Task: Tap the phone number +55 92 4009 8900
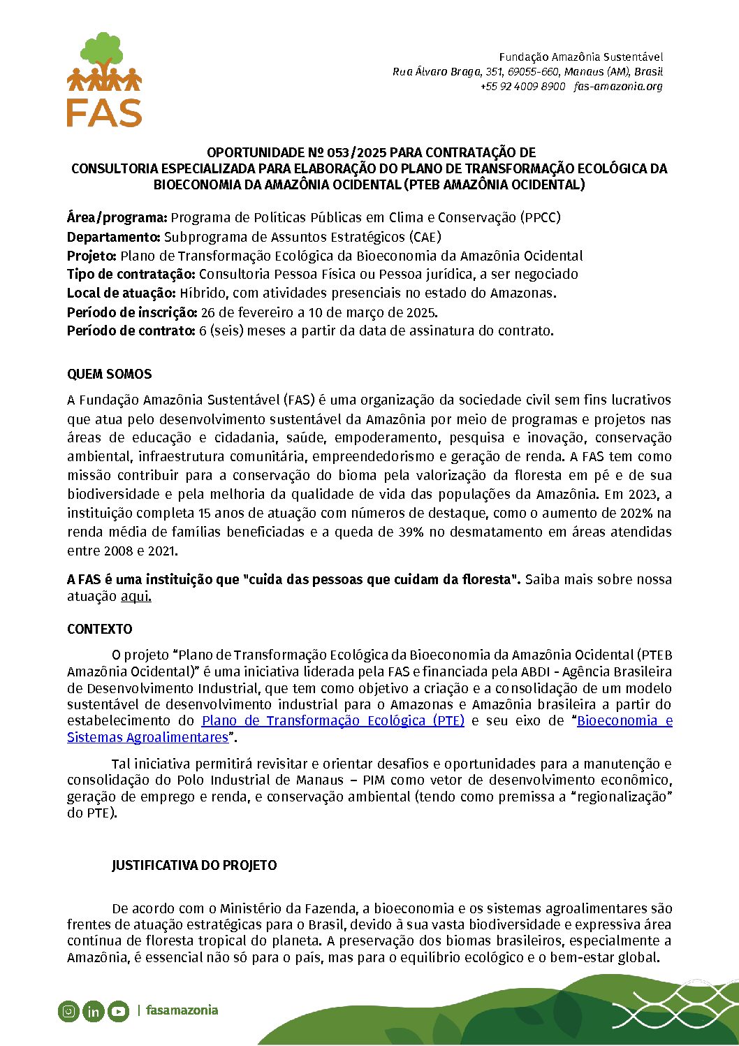522,87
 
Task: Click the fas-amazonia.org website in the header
618,87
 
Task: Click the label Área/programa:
117,218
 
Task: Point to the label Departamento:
114,237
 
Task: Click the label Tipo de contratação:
131,275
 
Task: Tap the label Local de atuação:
122,293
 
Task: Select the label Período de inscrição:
132,312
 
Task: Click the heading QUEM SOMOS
109,375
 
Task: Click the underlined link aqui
136,597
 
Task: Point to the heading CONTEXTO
99,630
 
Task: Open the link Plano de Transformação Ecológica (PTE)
332,721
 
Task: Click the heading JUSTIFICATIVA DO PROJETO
194,866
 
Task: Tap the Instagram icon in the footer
68,1010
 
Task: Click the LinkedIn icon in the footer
93,1010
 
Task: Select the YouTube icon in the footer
118,1010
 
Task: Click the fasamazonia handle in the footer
182,1010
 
